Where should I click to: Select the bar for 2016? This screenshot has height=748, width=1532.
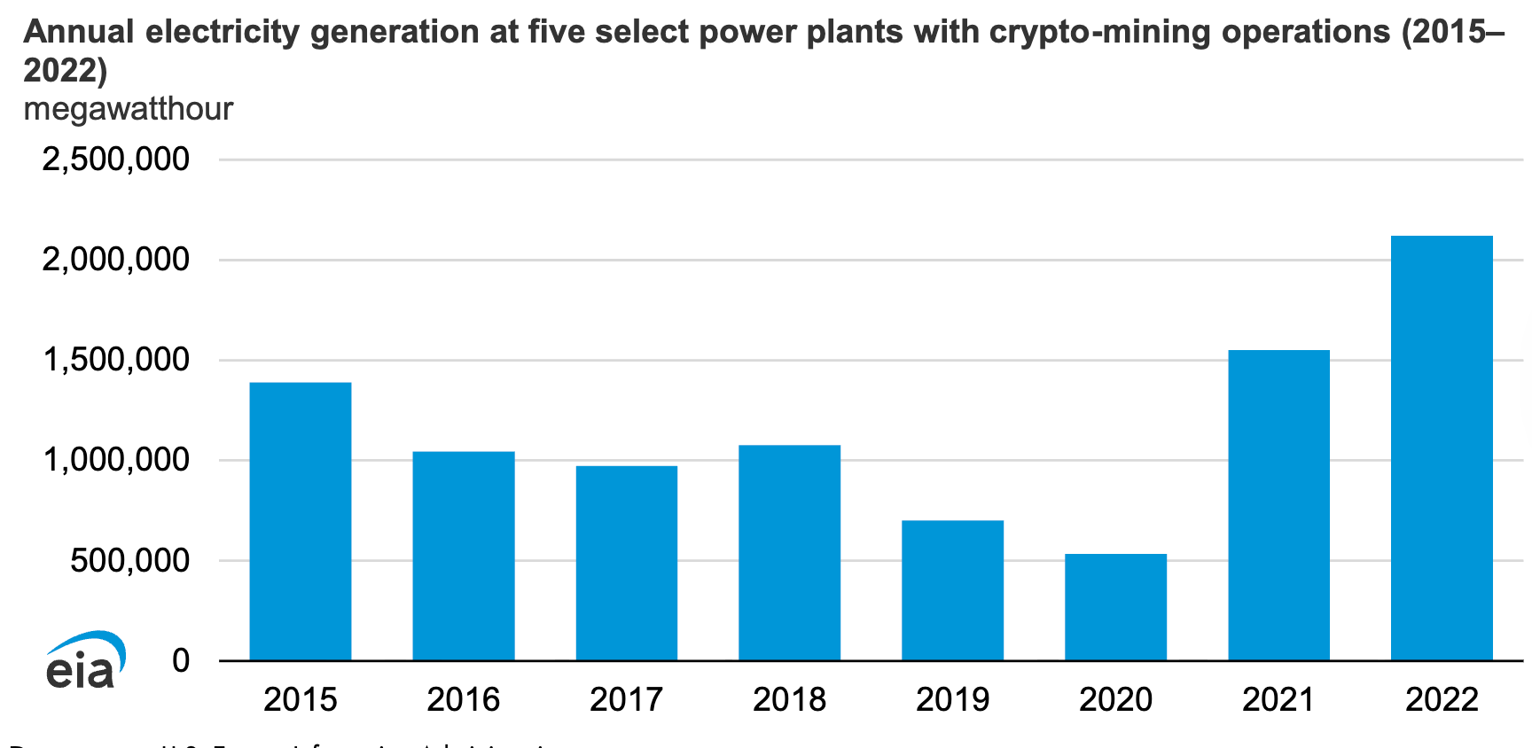(464, 556)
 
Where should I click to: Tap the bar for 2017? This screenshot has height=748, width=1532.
(627, 563)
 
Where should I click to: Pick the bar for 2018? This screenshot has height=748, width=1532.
(789, 552)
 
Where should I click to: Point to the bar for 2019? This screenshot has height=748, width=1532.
(952, 590)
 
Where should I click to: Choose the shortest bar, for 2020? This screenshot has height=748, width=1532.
(1115, 607)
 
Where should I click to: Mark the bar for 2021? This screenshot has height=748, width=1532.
(1278, 505)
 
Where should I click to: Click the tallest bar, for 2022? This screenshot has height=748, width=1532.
(1442, 448)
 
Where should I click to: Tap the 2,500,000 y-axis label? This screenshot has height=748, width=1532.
(115, 160)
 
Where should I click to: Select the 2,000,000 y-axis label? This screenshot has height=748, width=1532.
(115, 260)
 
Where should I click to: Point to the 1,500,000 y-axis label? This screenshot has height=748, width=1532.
(115, 360)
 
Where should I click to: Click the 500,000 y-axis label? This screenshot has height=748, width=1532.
(129, 560)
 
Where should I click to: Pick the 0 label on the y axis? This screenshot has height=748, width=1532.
(181, 660)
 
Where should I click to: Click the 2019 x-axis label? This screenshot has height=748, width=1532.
(952, 699)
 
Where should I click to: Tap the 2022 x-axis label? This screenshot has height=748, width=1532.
(1442, 699)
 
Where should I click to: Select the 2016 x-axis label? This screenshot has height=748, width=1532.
(464, 699)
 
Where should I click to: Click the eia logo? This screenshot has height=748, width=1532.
(84, 661)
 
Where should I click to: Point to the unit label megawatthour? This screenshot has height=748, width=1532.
(129, 109)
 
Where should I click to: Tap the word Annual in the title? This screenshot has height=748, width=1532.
(79, 33)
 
